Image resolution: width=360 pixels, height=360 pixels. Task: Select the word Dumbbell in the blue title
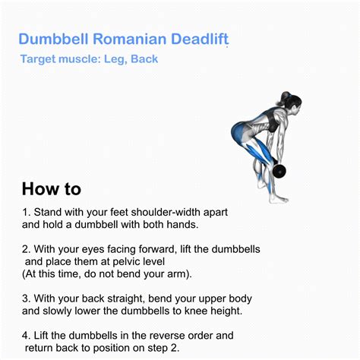[x=52, y=39]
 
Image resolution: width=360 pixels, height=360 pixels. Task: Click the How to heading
[x=51, y=188]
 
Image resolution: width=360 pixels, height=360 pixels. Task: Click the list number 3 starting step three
[x=25, y=298]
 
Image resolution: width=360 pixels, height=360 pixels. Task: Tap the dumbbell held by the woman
[x=277, y=170]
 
